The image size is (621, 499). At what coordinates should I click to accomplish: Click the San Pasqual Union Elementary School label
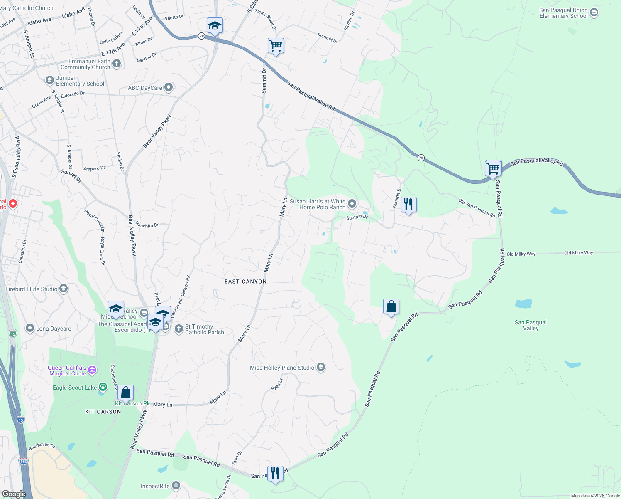point(563,13)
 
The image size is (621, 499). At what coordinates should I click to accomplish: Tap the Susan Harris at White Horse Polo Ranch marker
point(352,204)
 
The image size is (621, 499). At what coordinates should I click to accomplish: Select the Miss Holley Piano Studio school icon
point(320,367)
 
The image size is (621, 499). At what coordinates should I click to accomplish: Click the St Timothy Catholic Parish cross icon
point(178,329)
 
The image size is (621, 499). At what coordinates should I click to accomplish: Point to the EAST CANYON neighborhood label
point(245,282)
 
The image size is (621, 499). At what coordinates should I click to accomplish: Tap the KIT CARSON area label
point(103,412)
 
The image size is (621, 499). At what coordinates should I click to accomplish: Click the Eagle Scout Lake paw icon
point(103,388)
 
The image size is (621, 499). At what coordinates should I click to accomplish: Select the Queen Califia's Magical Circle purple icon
point(92,370)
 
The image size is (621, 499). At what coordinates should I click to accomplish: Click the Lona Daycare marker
point(29,329)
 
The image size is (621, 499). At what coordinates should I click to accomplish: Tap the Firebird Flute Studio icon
point(64,289)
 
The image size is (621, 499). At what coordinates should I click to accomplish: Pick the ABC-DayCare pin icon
point(168,87)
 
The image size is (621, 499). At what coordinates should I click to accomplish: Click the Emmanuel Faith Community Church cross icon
point(117,64)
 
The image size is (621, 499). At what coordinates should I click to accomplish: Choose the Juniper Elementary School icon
point(50,80)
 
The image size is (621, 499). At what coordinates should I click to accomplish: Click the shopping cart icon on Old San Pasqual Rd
point(493,169)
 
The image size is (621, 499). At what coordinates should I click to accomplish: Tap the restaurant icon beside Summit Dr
point(408,205)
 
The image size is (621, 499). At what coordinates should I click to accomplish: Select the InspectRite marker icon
point(176,486)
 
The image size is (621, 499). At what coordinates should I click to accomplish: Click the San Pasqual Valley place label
point(531,325)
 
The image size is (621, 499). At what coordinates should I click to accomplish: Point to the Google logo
point(14,494)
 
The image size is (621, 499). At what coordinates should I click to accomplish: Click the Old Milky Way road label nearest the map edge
point(578,253)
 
